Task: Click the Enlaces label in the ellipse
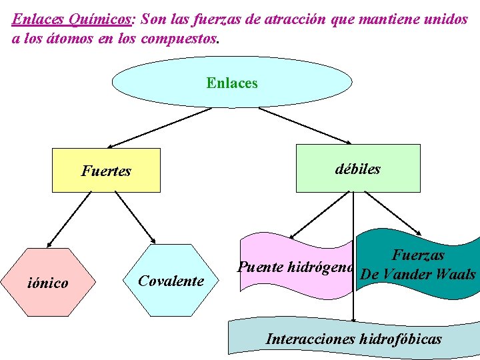[232, 83]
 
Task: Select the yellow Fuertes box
[107, 171]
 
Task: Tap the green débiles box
[358, 169]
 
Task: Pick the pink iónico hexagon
[47, 283]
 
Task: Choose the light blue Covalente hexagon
[171, 281]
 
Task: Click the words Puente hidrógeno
[295, 268]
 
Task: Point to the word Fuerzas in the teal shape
[418, 255]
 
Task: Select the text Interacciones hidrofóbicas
[353, 339]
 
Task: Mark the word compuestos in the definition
[179, 38]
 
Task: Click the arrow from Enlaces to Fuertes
[160, 127]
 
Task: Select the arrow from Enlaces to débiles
[305, 125]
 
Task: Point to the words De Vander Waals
[418, 275]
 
